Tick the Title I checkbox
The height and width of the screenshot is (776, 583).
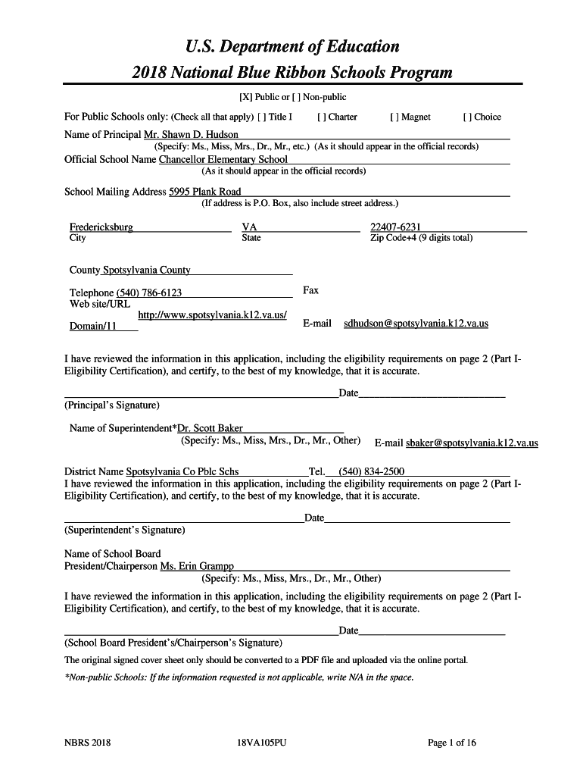[261, 117]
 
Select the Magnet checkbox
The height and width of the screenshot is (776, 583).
[394, 117]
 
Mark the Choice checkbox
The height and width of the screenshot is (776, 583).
[467, 117]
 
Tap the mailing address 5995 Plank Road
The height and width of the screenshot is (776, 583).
[205, 192]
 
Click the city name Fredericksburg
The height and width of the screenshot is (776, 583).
[101, 227]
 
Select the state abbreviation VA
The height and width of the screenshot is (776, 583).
[249, 227]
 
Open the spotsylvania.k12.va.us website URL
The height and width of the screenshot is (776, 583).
[212, 314]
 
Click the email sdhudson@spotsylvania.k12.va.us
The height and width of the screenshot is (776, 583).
[416, 324]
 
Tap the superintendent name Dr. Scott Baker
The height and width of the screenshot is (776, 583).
[210, 428]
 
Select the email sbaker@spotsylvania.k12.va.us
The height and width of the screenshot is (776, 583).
[472, 443]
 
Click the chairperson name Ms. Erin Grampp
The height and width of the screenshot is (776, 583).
[197, 566]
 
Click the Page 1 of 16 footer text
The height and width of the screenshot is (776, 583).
[452, 743]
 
